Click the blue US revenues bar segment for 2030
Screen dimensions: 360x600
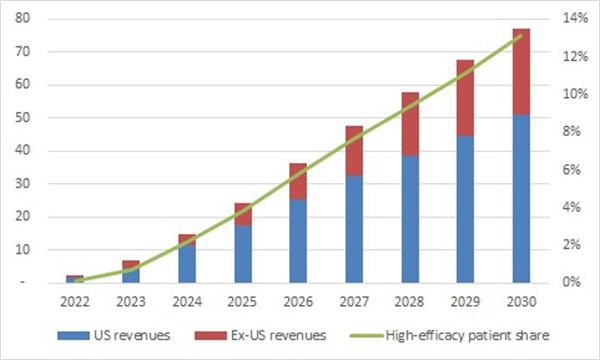pos(521,199)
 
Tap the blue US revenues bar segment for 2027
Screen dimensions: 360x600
pos(353,229)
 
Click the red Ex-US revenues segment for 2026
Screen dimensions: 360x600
pos(297,181)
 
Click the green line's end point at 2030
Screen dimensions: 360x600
pos(521,36)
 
